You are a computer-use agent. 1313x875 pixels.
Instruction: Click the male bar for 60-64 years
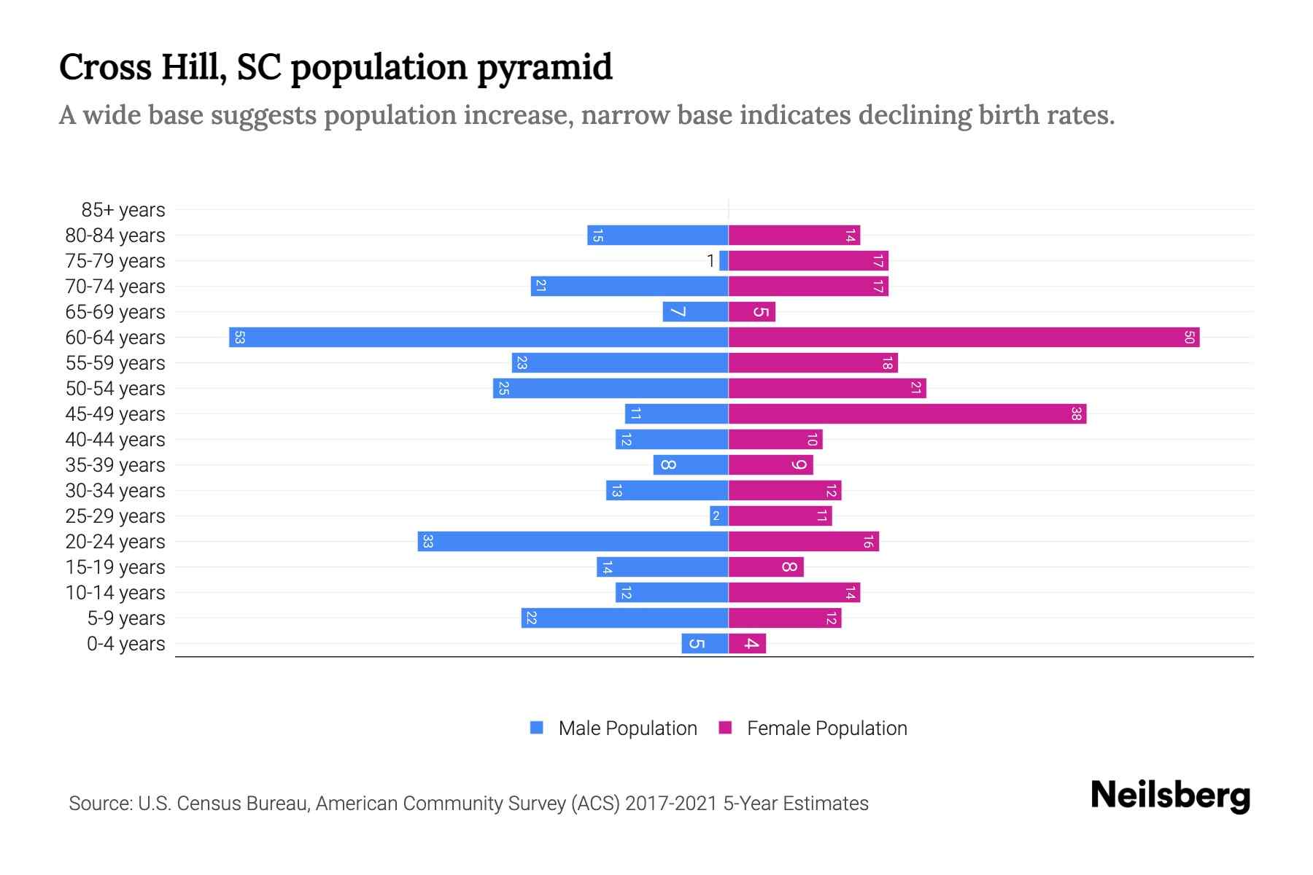click(479, 337)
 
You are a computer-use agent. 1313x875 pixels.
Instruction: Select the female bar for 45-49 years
click(907, 413)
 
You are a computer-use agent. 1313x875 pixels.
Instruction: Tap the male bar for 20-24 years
click(573, 541)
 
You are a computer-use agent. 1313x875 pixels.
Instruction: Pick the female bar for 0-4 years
click(747, 643)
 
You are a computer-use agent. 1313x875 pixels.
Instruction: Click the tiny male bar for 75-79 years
click(724, 260)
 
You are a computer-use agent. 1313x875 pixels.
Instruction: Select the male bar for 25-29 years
click(719, 516)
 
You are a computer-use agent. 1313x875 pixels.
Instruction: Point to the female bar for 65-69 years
click(751, 311)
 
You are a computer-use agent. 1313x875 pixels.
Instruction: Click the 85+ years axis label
click(123, 210)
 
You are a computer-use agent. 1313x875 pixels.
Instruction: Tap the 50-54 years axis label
click(115, 389)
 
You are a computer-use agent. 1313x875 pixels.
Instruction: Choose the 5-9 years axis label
click(125, 618)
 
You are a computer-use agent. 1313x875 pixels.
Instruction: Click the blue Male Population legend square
click(537, 728)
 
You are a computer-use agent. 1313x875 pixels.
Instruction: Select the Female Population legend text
click(826, 728)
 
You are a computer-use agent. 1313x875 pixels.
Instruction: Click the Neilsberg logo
click(1169, 796)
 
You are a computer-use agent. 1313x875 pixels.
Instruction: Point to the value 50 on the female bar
click(1188, 337)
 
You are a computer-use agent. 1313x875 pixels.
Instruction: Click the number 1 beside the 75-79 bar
click(710, 261)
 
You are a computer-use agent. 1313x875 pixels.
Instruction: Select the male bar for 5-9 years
click(624, 618)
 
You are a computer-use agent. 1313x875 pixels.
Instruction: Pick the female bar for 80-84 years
click(794, 235)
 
